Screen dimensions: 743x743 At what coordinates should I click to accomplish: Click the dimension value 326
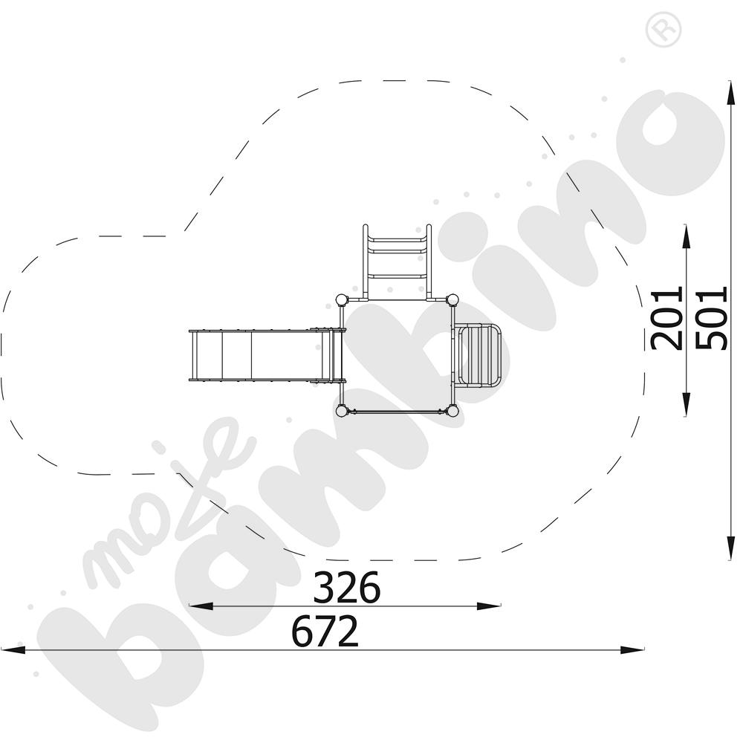pos(347,587)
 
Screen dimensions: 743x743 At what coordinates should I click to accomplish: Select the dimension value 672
pos(325,631)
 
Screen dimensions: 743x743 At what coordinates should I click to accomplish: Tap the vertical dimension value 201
pos(666,318)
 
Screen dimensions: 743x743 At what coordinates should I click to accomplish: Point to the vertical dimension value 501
pos(711,318)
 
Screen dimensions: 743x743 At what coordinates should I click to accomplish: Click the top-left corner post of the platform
pos(341,300)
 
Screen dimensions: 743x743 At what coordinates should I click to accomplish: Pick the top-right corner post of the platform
pos(452,300)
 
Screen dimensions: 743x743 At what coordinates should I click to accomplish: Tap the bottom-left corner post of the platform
pos(341,411)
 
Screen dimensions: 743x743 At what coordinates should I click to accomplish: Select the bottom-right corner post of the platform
pos(452,411)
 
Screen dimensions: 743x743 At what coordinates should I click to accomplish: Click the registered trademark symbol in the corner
pos(663,30)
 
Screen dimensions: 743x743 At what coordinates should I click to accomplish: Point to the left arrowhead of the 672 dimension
pos(13,649)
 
